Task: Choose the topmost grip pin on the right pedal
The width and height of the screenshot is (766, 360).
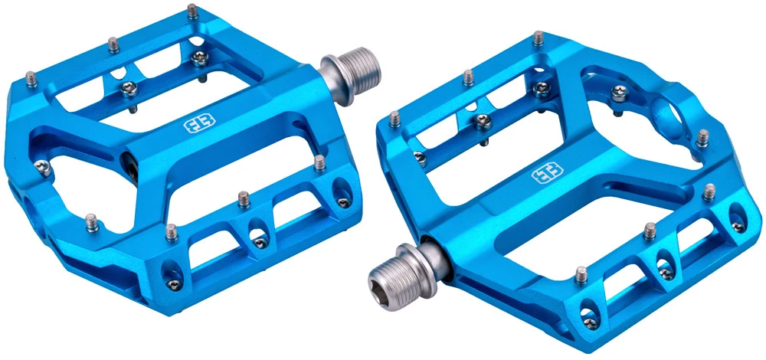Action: [540, 35]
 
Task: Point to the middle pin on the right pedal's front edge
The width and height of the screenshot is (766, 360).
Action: [650, 227]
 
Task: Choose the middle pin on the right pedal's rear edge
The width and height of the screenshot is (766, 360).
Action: [483, 120]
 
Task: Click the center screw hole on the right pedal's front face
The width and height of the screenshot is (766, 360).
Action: [656, 263]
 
